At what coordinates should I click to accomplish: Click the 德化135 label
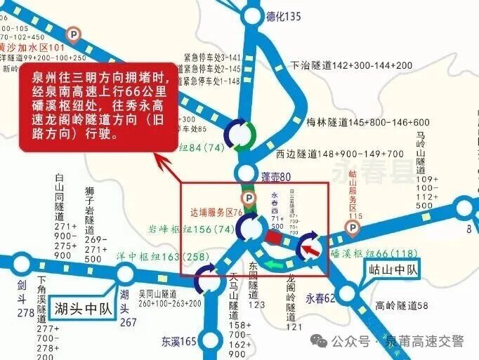click(284, 16)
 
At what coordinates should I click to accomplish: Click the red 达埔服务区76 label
click(216, 211)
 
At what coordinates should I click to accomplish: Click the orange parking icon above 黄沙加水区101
click(73, 34)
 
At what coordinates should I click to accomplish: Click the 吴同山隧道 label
click(169, 298)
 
